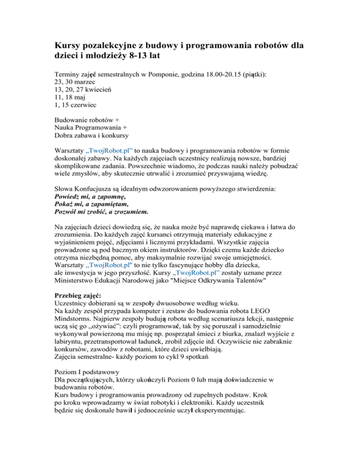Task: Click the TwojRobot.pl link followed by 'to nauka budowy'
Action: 109,153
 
